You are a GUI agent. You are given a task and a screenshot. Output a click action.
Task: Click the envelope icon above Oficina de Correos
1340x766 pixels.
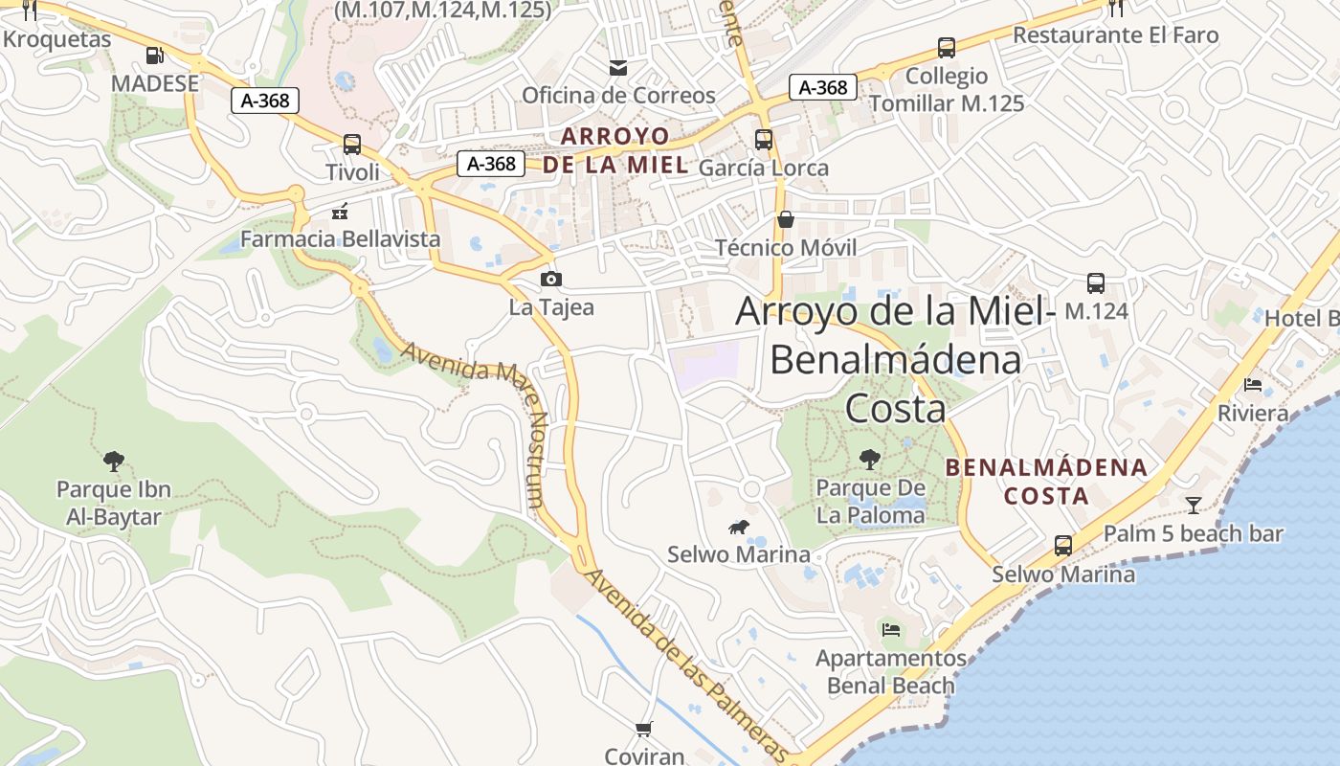618,67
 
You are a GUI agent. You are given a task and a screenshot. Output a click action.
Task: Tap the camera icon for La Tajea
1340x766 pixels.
550,279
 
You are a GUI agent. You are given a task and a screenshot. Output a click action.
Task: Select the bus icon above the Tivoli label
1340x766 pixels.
352,145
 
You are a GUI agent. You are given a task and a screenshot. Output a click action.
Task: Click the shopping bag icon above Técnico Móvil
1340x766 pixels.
785,219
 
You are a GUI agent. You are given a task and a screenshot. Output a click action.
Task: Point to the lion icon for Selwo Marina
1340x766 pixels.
738,527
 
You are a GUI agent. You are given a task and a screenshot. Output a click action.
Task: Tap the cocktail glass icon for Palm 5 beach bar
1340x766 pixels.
1193,505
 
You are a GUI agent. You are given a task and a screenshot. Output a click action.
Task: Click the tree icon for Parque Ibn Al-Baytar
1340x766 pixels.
114,462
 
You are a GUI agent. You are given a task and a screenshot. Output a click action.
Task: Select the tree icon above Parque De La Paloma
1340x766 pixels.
869,460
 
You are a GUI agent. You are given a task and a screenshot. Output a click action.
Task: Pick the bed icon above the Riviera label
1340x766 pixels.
1252,385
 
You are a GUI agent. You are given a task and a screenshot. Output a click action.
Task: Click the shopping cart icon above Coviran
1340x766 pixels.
644,729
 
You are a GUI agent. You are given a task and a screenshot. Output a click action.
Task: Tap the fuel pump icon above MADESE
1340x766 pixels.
154,55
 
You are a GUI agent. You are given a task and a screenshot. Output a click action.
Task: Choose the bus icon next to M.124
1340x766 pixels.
1096,283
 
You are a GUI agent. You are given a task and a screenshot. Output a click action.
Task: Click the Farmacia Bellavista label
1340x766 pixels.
340,238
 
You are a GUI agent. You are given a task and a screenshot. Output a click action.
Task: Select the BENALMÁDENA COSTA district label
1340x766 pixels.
1046,482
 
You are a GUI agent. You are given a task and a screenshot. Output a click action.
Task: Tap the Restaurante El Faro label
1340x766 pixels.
1115,35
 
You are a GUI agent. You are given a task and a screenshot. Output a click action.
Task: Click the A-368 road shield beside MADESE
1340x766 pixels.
265,100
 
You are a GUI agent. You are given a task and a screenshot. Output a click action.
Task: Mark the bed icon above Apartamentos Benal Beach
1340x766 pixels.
891,630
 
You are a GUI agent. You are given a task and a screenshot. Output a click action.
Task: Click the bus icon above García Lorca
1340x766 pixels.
763,140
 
